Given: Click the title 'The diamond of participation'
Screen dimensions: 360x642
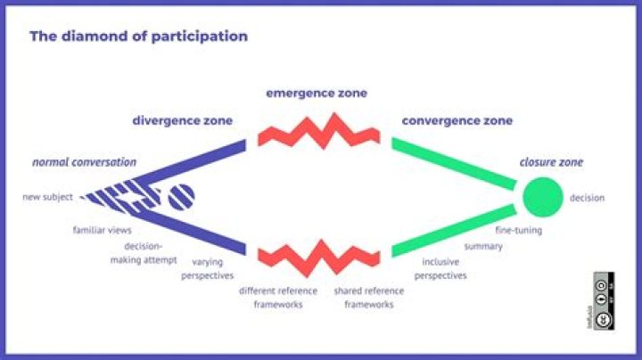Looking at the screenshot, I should [138, 37].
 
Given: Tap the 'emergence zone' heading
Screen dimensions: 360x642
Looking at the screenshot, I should [317, 93].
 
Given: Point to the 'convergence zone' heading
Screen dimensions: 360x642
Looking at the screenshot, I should [457, 120].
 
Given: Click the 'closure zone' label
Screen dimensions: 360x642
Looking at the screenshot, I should [552, 162].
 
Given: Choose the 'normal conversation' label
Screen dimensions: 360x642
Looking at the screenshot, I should [85, 162].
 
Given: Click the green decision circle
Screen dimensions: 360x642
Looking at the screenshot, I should [542, 197].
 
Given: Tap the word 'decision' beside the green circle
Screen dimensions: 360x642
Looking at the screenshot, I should [587, 198].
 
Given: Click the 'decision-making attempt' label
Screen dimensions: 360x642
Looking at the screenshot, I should [144, 253].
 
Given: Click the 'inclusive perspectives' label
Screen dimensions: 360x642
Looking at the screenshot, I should [445, 269].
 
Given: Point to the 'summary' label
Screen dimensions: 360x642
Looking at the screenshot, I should [483, 246].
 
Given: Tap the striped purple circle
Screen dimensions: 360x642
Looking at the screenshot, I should [181, 196].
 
